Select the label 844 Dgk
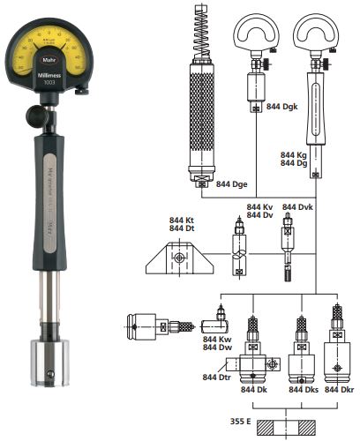point(282,107)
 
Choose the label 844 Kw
point(217,338)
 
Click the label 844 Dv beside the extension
point(259,215)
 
